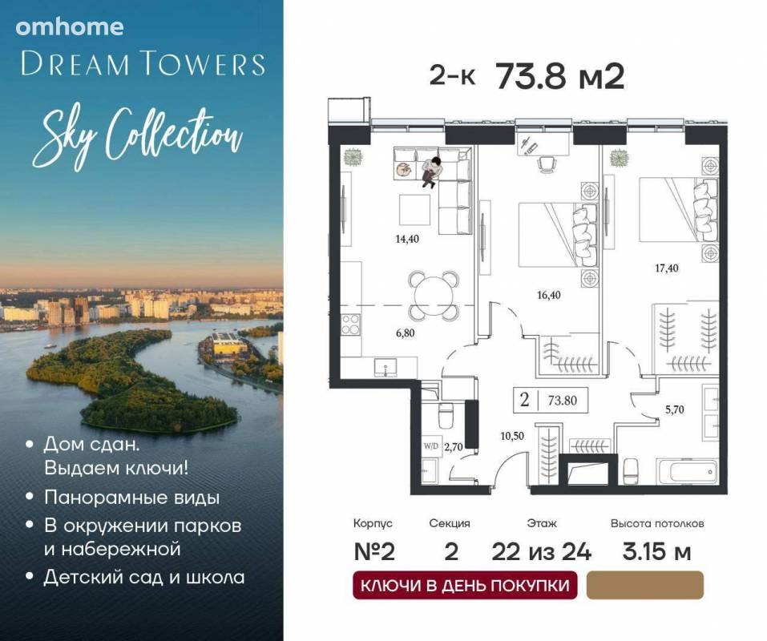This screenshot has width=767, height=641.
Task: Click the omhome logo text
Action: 69,27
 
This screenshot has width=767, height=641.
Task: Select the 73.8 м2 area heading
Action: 560,77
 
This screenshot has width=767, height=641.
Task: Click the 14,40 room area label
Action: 407,239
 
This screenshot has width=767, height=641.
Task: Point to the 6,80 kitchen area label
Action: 405,333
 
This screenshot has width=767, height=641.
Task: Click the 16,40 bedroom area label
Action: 548,295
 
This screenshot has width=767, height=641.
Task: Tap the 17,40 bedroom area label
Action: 666,268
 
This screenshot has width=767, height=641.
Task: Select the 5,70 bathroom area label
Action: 674,409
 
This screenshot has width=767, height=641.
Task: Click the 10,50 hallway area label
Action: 512,436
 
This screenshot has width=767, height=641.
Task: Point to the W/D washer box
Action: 431,446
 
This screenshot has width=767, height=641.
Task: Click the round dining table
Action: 434,296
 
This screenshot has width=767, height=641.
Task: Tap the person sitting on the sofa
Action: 431,172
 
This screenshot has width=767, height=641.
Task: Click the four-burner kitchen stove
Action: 351,325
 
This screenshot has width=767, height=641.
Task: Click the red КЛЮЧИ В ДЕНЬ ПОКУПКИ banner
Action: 465,585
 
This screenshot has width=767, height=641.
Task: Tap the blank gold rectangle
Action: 644,585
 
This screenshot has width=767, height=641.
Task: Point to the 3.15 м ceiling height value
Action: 656,552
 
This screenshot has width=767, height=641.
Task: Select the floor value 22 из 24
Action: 542,552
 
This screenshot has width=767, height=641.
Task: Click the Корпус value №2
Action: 373,552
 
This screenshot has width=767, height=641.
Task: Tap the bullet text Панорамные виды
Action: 131,498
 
